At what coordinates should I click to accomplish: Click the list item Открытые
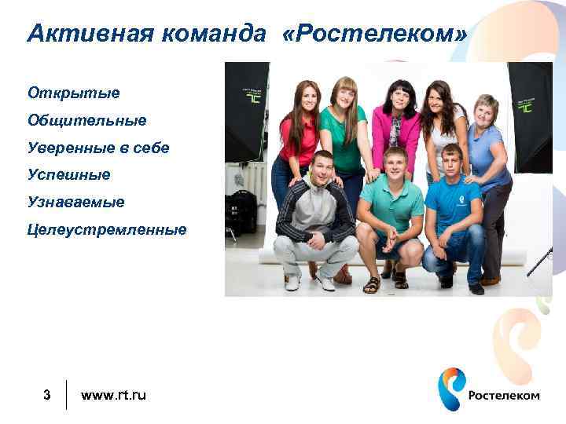tap(74, 93)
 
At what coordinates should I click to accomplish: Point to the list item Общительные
tap(87, 120)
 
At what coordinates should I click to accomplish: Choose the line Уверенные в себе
tap(98, 148)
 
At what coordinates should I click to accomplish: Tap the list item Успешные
tap(69, 174)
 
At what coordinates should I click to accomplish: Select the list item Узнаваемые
tap(76, 202)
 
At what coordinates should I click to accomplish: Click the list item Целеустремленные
tap(107, 229)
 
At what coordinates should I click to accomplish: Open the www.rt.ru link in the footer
tap(113, 394)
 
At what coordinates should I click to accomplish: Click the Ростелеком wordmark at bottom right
tap(504, 395)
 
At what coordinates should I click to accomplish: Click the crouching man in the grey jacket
tap(314, 212)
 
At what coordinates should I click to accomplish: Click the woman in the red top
tap(297, 133)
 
